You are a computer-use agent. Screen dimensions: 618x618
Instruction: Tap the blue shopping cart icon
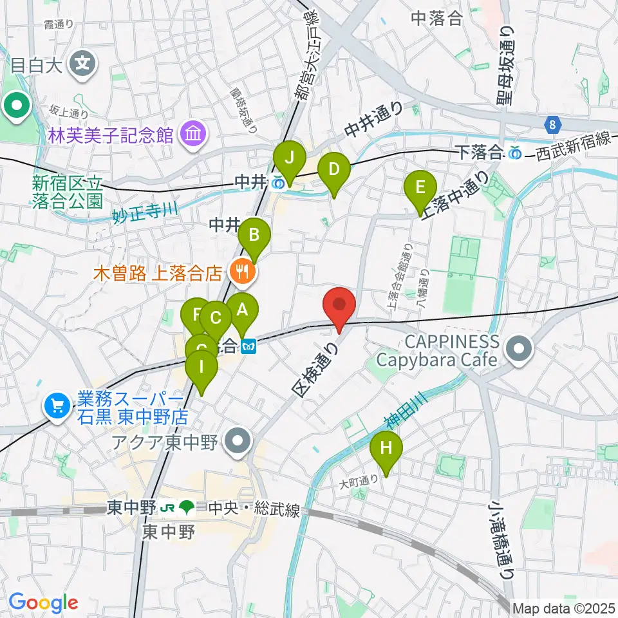pos(57,406)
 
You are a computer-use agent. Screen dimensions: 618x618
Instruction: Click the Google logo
pos(43,603)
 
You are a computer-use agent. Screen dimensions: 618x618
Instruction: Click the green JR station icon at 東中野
pos(187,509)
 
